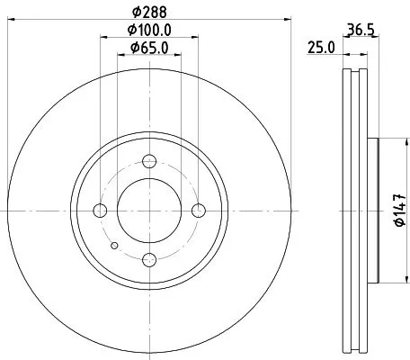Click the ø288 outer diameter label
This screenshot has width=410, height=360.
[147, 13]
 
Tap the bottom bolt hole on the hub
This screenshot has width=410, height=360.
[150, 260]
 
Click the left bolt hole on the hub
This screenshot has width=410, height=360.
[101, 211]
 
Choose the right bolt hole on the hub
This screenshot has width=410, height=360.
[199, 211]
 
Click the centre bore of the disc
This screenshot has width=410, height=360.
[150, 211]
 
